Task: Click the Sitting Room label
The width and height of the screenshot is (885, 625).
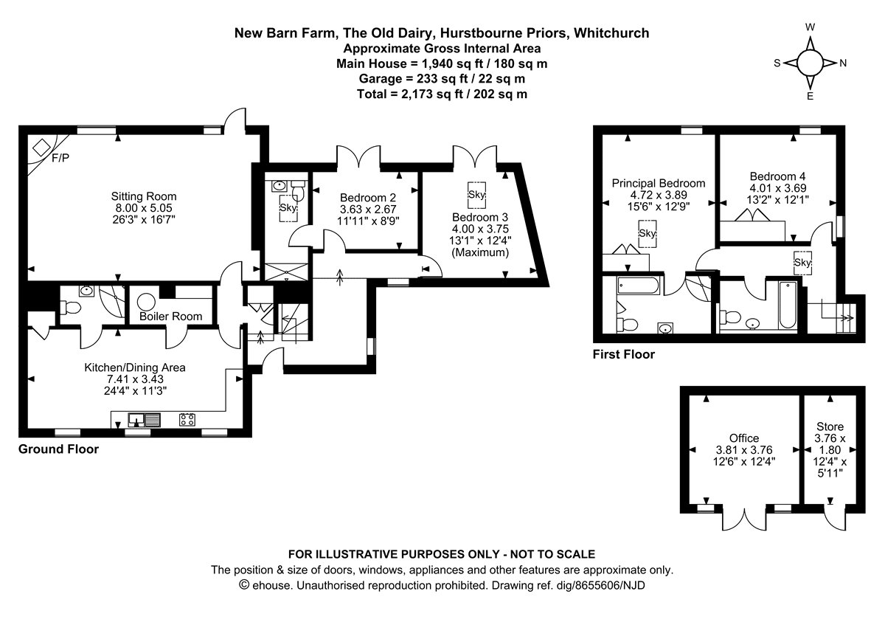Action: point(143,196)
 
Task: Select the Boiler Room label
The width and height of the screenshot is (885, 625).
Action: point(171,317)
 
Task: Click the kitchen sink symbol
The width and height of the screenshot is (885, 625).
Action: point(144,420)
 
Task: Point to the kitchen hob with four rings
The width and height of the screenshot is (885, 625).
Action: point(187,420)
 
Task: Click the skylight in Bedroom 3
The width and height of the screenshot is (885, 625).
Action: point(476,194)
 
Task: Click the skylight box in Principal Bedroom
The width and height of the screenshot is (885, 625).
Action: point(648,234)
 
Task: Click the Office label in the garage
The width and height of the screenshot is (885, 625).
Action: point(743,438)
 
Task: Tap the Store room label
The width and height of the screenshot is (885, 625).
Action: point(830,427)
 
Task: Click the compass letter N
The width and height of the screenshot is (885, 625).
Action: point(842,63)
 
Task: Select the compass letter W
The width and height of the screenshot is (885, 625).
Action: point(810,27)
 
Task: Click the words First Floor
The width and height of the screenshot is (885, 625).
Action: point(623,355)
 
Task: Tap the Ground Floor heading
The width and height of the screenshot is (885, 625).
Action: point(58,449)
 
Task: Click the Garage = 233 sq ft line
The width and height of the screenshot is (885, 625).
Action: point(442,79)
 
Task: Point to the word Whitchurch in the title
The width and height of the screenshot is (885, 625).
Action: point(611,33)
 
